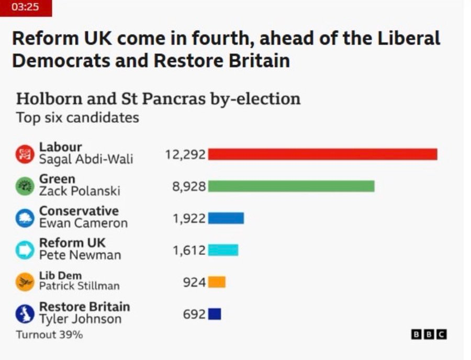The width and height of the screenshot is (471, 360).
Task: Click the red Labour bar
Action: (x=322, y=154)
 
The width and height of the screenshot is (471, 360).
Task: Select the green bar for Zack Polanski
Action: (x=291, y=186)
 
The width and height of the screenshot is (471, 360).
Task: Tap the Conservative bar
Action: (x=226, y=218)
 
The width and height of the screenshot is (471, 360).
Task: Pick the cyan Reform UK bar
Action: (x=223, y=250)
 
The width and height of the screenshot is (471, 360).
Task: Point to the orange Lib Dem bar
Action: (x=217, y=282)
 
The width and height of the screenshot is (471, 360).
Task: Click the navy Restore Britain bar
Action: (x=215, y=314)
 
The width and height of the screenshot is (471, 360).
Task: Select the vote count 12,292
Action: (x=185, y=155)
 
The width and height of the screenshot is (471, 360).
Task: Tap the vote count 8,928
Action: (x=189, y=186)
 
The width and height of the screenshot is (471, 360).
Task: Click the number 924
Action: (x=194, y=282)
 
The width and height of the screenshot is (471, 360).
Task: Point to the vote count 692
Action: (x=194, y=314)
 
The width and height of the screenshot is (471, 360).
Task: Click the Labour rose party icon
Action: (x=25, y=154)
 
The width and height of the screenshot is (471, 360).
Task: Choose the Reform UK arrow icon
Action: (x=25, y=250)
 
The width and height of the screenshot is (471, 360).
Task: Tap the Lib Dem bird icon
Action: (x=25, y=282)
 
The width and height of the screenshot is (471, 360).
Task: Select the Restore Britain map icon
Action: (x=25, y=314)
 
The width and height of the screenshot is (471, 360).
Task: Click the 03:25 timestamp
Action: (x=25, y=7)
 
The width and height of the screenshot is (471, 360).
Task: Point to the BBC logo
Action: (x=429, y=334)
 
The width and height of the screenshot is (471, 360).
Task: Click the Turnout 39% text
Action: (x=50, y=334)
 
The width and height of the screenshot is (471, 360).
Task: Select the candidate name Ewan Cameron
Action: (x=84, y=223)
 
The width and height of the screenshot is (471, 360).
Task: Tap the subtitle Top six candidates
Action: (x=77, y=117)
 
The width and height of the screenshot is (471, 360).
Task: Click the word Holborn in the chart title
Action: (x=49, y=98)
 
